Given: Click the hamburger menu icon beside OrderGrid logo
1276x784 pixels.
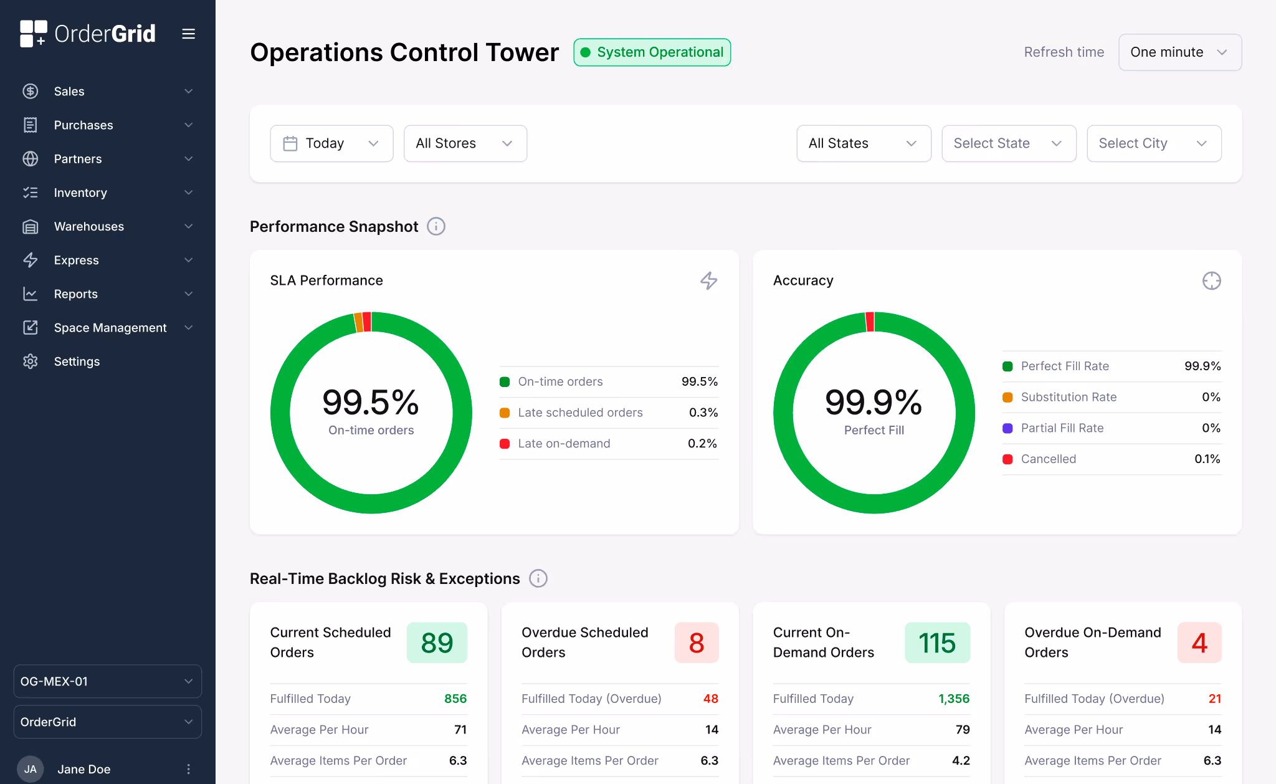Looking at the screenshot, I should tap(188, 34).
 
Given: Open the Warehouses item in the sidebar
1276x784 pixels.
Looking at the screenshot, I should tap(89, 226).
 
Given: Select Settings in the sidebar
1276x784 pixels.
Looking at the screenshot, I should tap(77, 361).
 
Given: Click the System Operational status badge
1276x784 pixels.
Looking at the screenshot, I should tap(652, 52).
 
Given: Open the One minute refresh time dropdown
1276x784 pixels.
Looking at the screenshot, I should tap(1179, 52).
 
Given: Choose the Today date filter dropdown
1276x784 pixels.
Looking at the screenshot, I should tap(331, 143).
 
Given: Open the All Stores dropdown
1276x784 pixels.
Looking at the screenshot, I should tap(465, 143).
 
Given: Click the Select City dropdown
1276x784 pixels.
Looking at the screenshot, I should tap(1153, 143).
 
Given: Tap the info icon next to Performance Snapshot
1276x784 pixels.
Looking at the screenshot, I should tap(436, 226).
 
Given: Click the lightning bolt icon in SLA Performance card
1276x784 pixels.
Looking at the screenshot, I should tap(708, 280).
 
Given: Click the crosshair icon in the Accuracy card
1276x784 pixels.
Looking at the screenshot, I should tap(1211, 281).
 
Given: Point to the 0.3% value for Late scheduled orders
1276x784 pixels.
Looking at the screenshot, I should tap(703, 413).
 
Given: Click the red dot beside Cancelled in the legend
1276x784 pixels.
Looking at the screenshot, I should tap(1007, 459).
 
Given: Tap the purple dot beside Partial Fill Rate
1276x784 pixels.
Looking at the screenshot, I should tap(1007, 428).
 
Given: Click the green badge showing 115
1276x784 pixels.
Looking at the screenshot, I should tap(937, 643).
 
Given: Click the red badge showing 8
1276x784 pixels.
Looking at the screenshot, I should tap(696, 643).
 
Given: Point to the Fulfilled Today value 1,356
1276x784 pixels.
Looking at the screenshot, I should tap(954, 699).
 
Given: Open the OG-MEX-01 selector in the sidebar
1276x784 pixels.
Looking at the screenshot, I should tap(107, 681).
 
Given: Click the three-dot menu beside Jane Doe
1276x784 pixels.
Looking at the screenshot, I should tap(188, 769).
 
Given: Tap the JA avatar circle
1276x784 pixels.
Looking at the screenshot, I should tap(30, 769).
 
